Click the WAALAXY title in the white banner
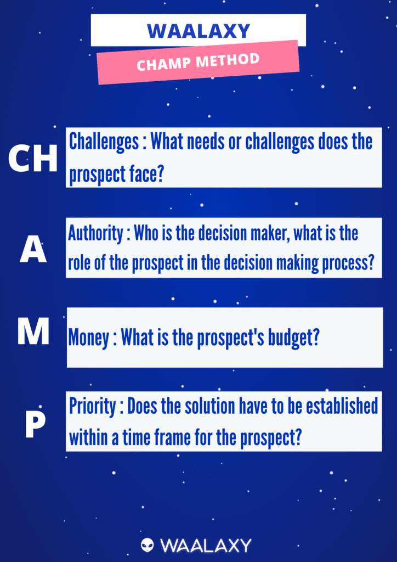click(198, 31)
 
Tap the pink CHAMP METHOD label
click(198, 62)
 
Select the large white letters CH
click(33, 159)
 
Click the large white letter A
click(33, 251)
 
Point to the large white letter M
click(33, 332)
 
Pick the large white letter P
click(35, 426)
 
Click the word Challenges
click(104, 142)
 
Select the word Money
click(89, 338)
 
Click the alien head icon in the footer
click(147, 545)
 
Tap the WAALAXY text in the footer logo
click(206, 545)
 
